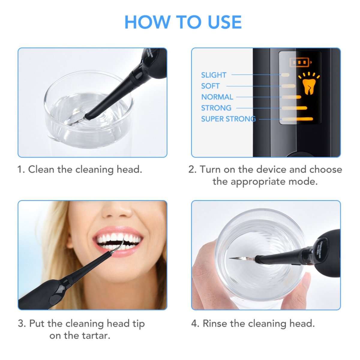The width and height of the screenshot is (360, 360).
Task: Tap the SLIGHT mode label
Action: tap(214, 75)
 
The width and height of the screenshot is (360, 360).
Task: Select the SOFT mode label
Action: tap(210, 86)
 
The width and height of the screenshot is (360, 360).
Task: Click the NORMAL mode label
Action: tap(217, 97)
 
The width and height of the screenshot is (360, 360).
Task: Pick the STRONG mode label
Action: tap(216, 108)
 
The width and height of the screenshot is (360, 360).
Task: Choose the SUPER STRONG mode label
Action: tap(228, 119)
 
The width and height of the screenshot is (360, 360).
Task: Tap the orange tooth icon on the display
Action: tap(309, 85)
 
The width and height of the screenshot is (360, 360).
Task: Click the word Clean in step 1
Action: tap(41, 169)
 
